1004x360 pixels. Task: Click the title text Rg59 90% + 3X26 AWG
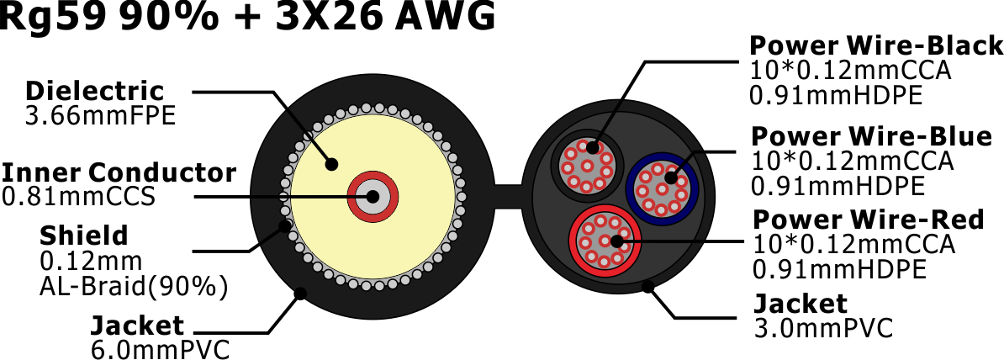pos(248,16)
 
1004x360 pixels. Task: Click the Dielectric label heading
pos(95,91)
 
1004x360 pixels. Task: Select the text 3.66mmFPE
pos(100,116)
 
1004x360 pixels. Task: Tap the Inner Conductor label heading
pos(119,172)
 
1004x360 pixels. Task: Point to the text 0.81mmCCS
pos(79,197)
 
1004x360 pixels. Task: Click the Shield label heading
pos(84,236)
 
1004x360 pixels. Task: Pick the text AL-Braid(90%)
pos(134,288)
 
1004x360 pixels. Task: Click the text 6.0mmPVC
pos(160,350)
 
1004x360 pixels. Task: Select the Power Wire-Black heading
pos(876,46)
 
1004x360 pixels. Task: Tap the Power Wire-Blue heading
pos(871,136)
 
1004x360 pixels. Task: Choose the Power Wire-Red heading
pos(868,220)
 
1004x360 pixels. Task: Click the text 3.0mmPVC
pos(823,328)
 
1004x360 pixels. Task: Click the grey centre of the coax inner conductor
pos(373,197)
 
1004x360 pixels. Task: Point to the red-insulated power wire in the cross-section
pos(603,241)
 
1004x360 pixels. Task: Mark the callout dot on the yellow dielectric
pos(331,164)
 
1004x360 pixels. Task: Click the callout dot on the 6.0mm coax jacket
pos(299,294)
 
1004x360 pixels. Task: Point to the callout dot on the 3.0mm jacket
pos(648,286)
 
